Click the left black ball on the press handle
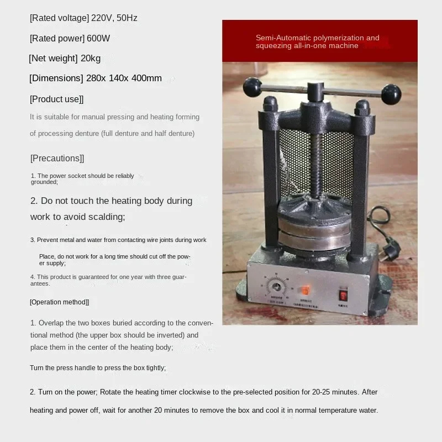[x=251, y=86]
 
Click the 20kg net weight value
[x=90, y=58]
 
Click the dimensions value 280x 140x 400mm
[x=124, y=78]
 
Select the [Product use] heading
[x=56, y=99]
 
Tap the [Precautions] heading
[x=57, y=158]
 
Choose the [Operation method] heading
[x=59, y=302]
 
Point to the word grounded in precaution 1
[x=44, y=182]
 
